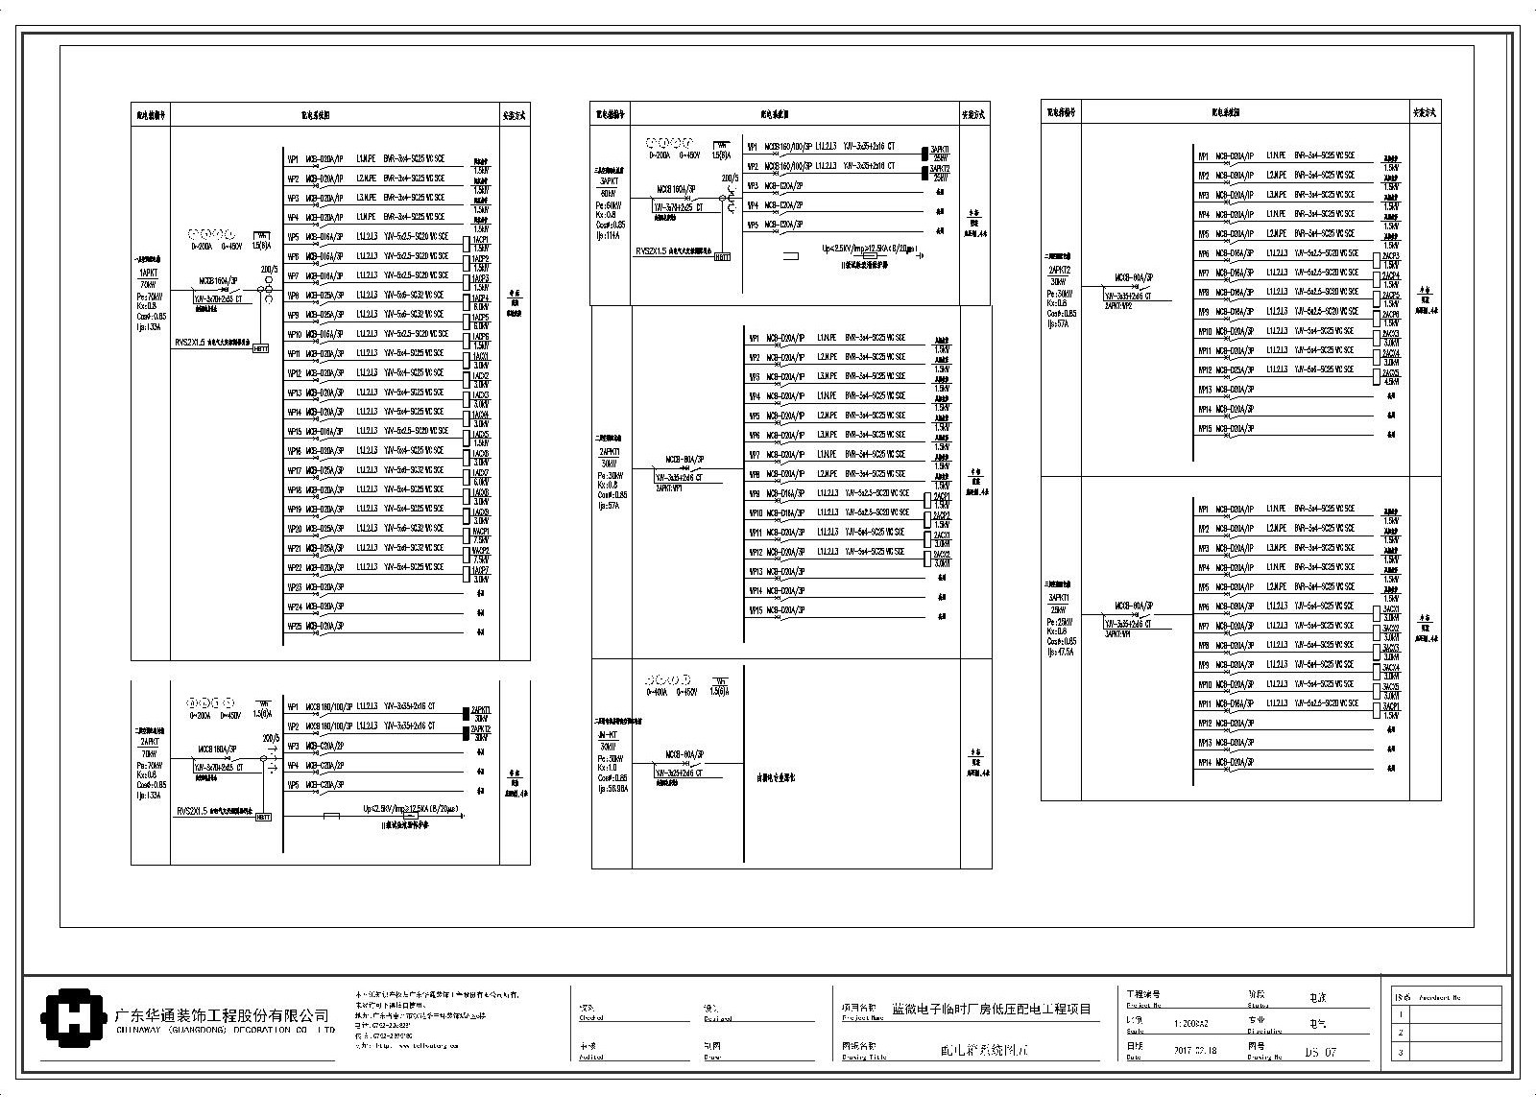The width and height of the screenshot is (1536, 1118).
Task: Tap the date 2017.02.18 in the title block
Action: pyautogui.click(x=1195, y=1051)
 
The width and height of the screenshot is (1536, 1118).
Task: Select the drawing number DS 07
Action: pyautogui.click(x=1320, y=1052)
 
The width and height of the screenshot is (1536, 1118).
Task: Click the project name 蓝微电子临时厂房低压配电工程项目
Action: pyautogui.click(x=992, y=1009)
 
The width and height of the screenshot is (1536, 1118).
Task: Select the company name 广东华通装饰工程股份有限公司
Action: pyautogui.click(x=222, y=1015)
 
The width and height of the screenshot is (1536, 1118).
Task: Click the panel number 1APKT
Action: pyautogui.click(x=148, y=273)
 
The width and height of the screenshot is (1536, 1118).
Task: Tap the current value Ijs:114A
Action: pyautogui.click(x=609, y=235)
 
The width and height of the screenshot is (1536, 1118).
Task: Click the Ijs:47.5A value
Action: pyautogui.click(x=1063, y=652)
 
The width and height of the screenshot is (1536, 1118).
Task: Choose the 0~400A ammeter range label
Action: pyautogui.click(x=659, y=691)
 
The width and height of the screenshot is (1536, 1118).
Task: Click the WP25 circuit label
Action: pyautogui.click(x=295, y=626)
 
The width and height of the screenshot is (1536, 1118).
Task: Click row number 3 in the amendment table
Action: pyautogui.click(x=1402, y=1052)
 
